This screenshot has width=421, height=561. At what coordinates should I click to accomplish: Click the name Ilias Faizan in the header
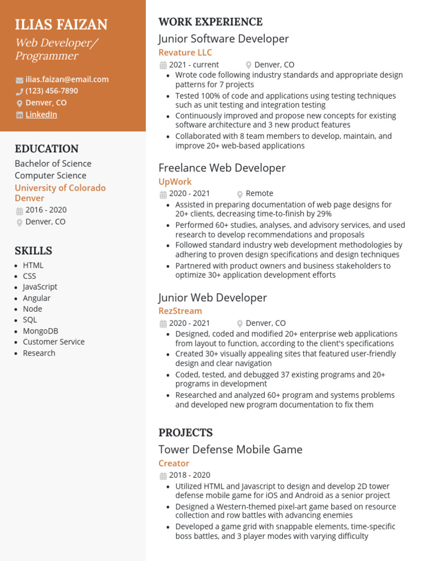61,25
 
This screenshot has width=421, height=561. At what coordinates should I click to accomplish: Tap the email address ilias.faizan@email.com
67,79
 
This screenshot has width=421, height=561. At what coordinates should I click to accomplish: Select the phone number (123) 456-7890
52,91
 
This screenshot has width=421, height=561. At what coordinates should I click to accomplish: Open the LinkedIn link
41,115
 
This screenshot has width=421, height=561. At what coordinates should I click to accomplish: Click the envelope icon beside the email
20,80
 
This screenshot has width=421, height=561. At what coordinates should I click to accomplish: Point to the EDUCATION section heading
47,148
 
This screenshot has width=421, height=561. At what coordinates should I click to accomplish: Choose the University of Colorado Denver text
60,193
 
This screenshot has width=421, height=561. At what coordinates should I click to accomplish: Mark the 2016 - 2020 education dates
46,210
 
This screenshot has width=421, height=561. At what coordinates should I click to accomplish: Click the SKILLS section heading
33,251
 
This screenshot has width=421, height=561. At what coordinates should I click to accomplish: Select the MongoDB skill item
41,331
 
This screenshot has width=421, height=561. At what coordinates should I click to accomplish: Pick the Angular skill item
37,298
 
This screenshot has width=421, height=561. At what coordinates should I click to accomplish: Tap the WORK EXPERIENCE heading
210,22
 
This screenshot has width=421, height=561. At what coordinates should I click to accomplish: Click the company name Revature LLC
185,53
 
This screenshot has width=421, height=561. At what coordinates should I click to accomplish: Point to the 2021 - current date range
194,65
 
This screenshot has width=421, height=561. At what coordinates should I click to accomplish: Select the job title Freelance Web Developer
222,168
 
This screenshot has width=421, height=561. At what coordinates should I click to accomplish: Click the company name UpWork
175,182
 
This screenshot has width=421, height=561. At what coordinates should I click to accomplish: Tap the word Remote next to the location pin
259,193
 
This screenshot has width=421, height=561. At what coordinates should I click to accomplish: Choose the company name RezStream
180,311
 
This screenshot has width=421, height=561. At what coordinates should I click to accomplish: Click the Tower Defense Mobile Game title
230,450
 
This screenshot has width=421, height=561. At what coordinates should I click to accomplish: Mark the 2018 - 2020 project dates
190,475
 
